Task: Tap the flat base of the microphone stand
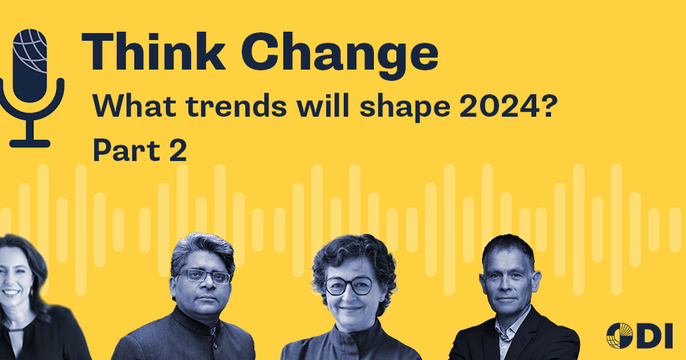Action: (x=30, y=143)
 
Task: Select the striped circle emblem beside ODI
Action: (x=619, y=335)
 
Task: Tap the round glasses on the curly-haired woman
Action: (x=349, y=285)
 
